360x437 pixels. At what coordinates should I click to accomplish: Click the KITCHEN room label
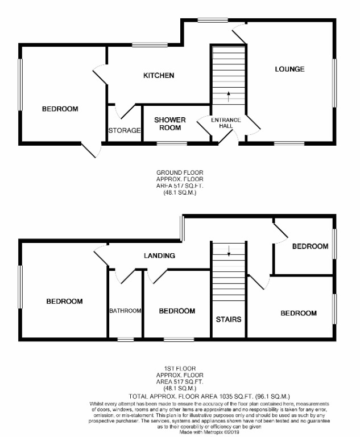coord(158,76)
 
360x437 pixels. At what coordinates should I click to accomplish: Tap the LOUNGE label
coord(289,69)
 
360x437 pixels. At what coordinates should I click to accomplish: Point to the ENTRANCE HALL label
coord(226,122)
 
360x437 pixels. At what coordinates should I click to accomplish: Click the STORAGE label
coord(124,130)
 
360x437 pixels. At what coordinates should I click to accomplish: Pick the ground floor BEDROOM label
coord(60,109)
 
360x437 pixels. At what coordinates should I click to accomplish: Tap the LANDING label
coord(159,256)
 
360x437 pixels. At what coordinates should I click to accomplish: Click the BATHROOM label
coord(125,311)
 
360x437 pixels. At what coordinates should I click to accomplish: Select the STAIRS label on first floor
coord(229,319)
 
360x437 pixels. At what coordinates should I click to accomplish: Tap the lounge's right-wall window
coord(334,83)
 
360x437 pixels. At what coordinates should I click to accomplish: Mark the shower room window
coord(168,143)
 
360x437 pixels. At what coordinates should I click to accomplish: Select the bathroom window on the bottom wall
coord(125,340)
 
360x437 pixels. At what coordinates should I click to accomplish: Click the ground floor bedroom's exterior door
coord(91,150)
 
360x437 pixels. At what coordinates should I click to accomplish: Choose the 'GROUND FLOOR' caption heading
coord(180,172)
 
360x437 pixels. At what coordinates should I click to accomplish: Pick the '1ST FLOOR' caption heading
coord(180,369)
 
